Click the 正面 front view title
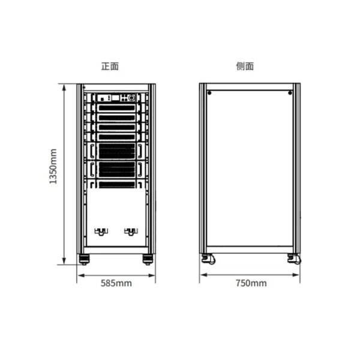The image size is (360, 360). (110, 67)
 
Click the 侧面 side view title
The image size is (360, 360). (245, 67)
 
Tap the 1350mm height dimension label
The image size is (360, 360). (53, 166)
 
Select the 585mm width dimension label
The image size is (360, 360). (116, 283)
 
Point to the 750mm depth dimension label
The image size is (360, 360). (251, 283)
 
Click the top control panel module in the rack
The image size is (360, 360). (116, 98)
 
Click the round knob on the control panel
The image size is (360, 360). (132, 98)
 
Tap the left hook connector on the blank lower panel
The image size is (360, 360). (101, 232)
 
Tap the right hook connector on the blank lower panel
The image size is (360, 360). (131, 232)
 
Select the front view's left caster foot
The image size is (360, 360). (84, 259)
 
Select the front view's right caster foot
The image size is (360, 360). (148, 259)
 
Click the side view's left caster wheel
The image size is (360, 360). (208, 259)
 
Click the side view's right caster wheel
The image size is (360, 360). (295, 259)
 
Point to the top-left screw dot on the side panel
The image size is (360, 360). (209, 93)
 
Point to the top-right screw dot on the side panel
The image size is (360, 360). (290, 93)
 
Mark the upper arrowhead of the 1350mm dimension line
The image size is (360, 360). (64, 85)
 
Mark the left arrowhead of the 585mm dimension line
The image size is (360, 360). (77, 275)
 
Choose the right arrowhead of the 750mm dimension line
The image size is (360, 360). (299, 275)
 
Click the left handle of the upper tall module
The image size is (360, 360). (92, 151)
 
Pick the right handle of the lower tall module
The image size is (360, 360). (140, 169)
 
